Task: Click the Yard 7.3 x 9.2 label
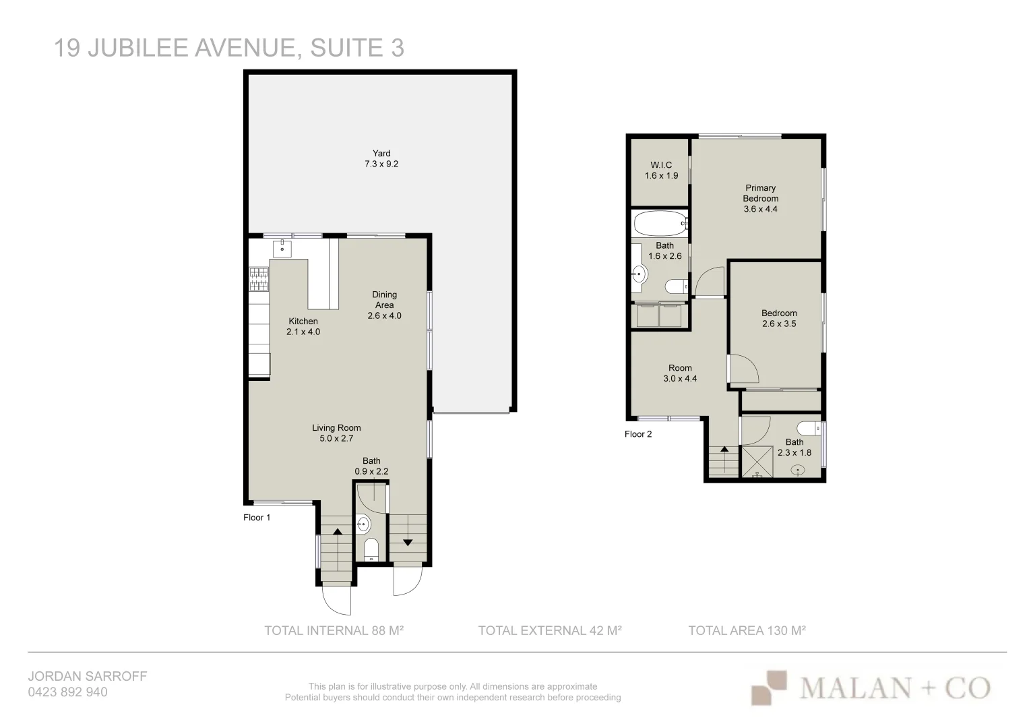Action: (381, 158)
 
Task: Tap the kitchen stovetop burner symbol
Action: (259, 274)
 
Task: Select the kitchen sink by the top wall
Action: (282, 248)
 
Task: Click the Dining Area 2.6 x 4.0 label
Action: (384, 305)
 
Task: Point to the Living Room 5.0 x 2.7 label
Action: (336, 433)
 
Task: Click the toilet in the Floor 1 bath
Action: (371, 549)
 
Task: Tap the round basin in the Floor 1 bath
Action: (362, 523)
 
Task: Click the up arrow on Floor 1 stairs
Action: (337, 532)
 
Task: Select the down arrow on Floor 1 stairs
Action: (408, 542)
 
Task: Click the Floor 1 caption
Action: (257, 518)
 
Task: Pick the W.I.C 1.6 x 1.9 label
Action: (661, 170)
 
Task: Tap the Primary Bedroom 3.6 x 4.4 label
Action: (760, 198)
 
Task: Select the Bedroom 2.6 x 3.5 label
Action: (779, 318)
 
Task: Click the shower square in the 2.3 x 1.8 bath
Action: (757, 461)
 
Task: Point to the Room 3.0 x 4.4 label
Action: (680, 373)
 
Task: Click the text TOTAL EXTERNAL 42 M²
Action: (549, 631)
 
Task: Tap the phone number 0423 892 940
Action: (67, 692)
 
